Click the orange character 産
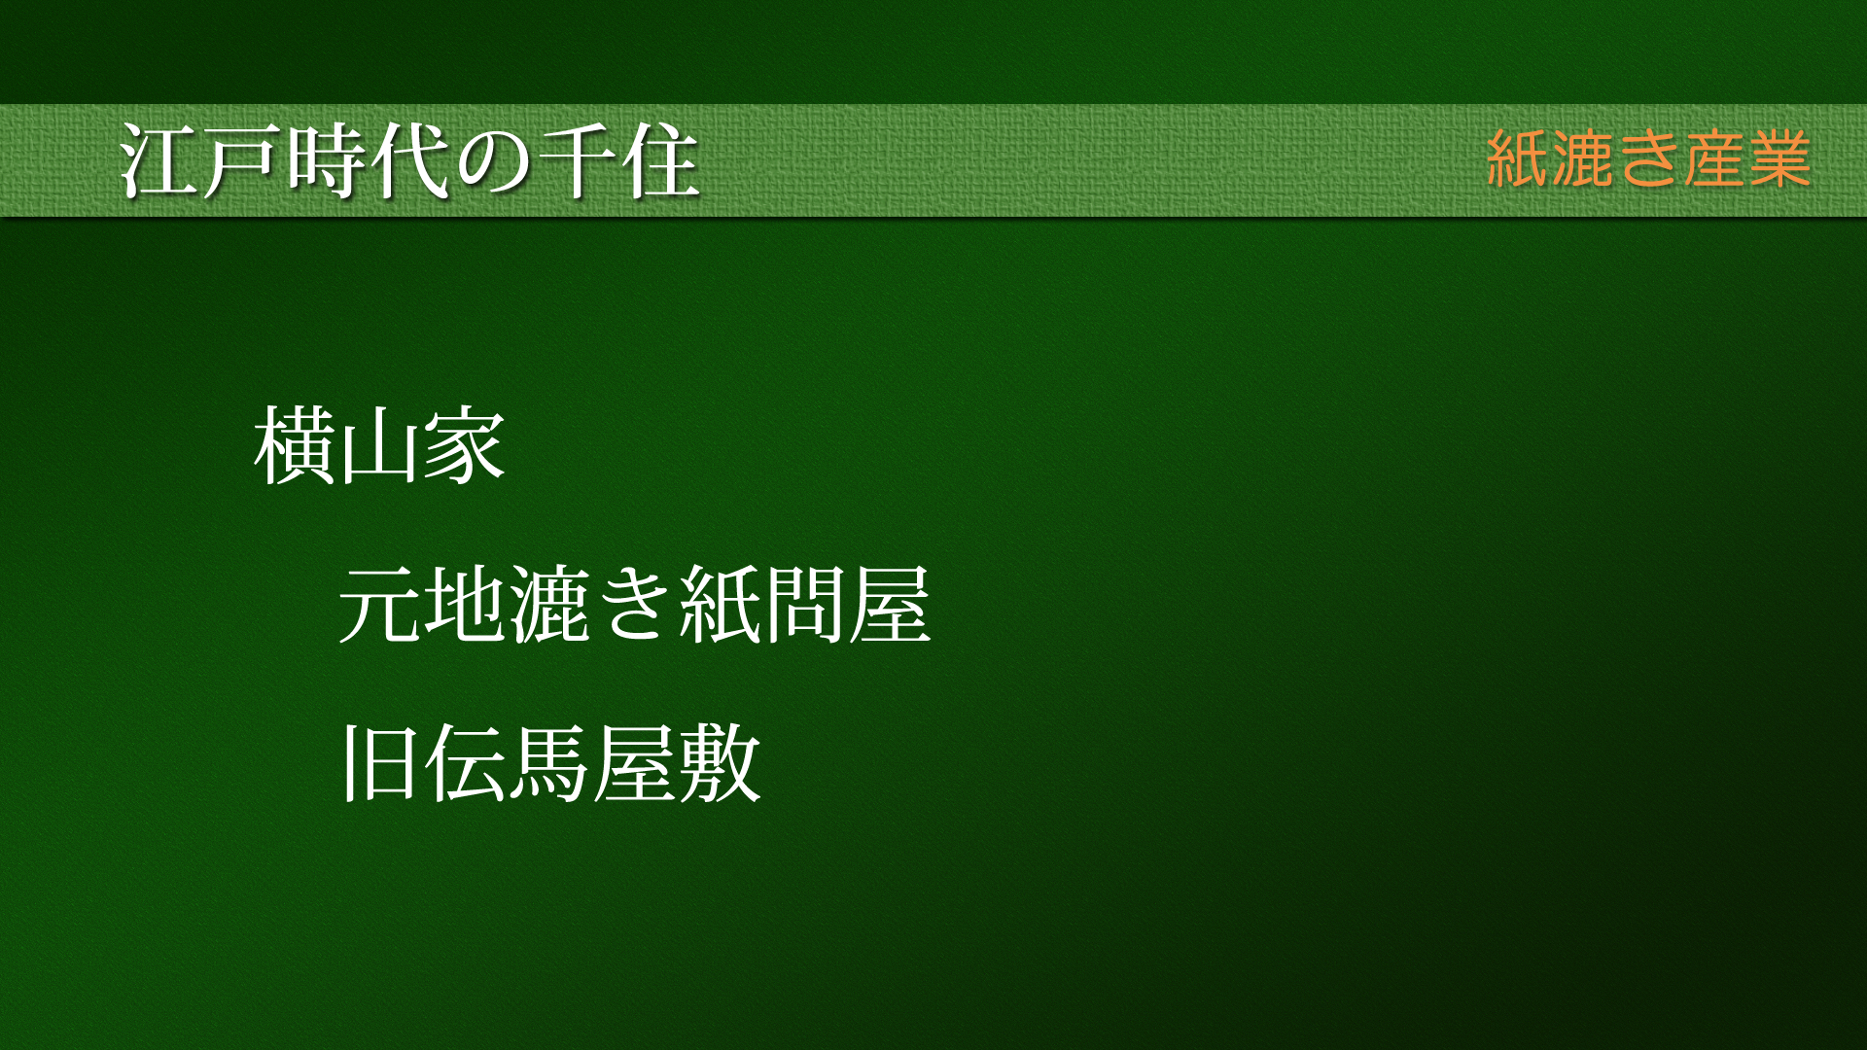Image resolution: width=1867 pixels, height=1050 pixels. tap(1714, 158)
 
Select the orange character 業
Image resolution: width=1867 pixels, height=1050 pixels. tap(1780, 158)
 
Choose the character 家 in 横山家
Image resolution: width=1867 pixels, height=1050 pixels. tap(464, 446)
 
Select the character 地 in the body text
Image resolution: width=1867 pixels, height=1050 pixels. tap(465, 605)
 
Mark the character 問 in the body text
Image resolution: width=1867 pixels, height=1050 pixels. tap(805, 605)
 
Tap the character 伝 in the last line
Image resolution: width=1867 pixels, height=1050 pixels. tap(465, 763)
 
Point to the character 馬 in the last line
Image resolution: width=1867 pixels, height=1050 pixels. tap(549, 763)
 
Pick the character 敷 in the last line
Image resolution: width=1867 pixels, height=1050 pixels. tap(720, 763)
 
